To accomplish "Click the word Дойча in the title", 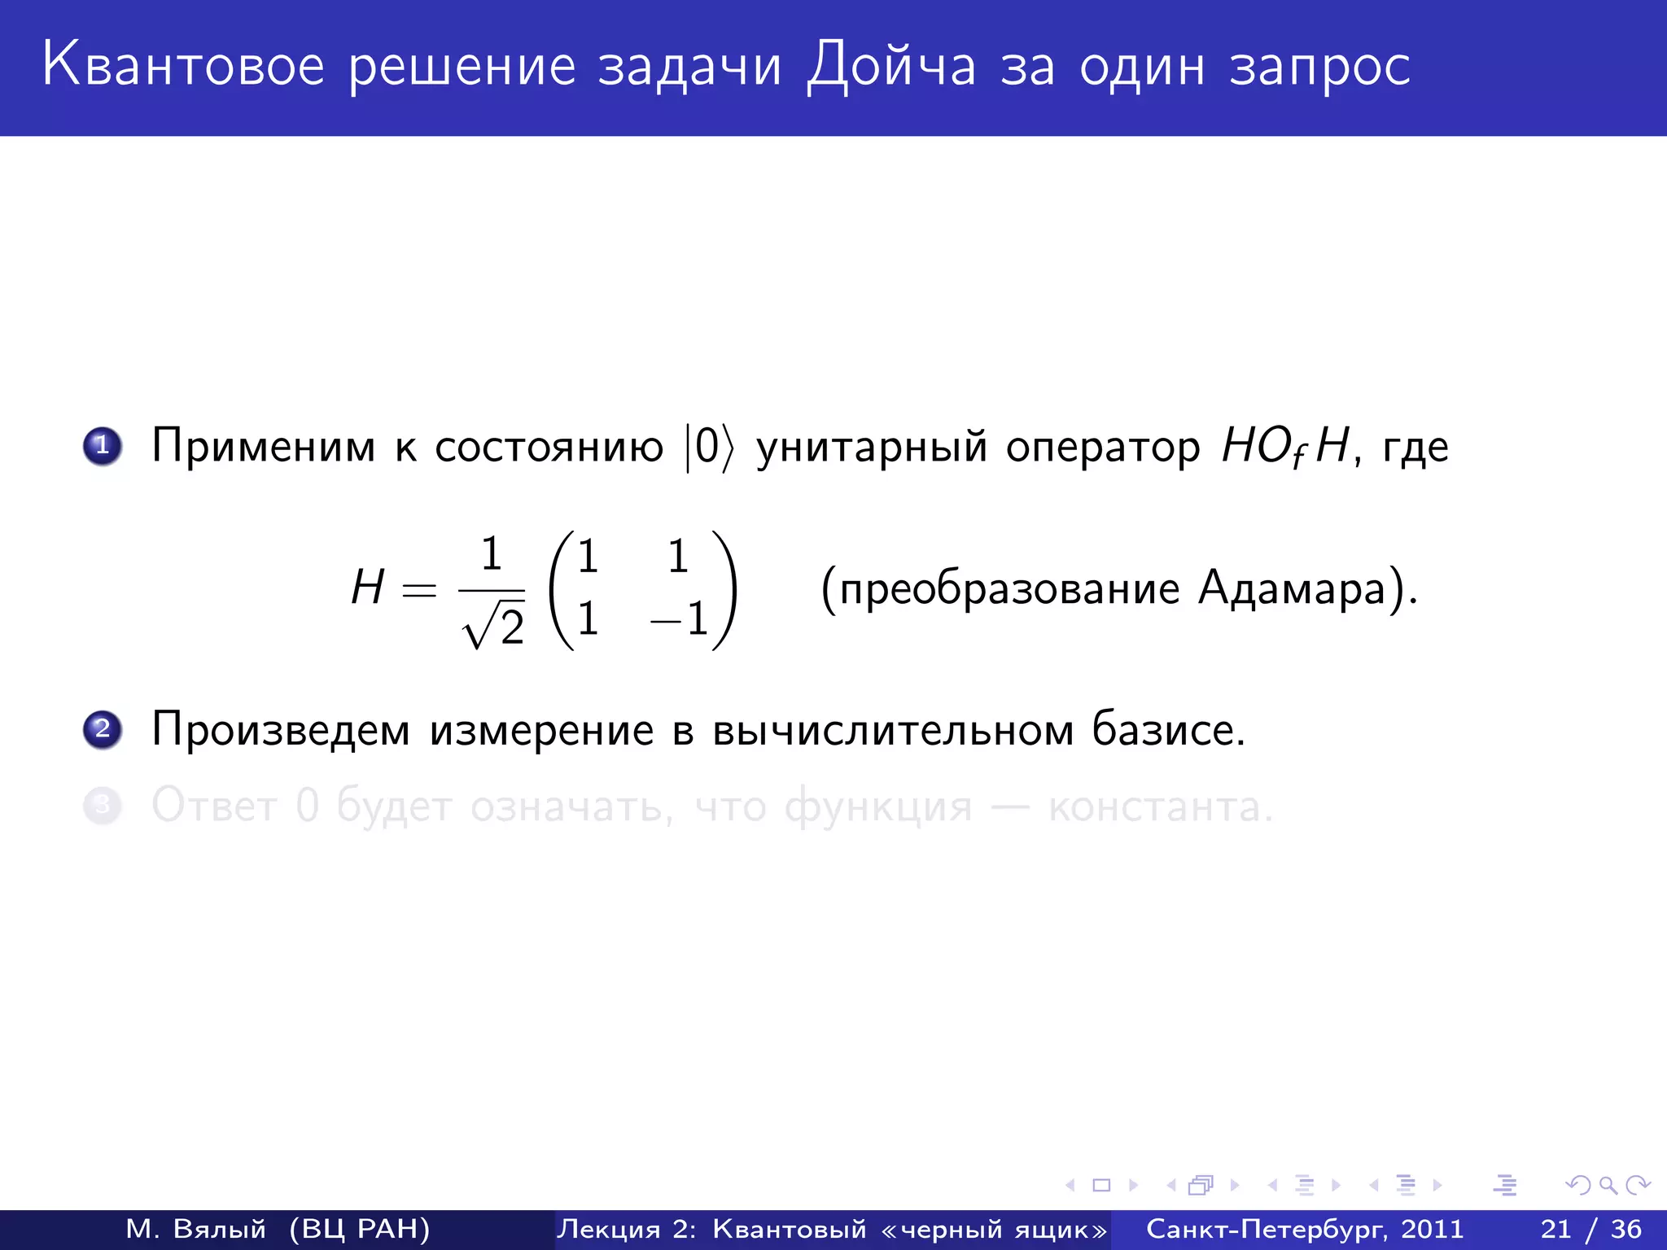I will (891, 65).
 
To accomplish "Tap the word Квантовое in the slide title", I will (184, 65).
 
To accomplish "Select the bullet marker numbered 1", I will (103, 446).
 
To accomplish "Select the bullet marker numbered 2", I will (103, 728).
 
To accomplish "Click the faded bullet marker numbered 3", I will (103, 806).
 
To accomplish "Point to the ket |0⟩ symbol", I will (709, 447).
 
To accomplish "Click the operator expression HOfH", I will (1285, 447).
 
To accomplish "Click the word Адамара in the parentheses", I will (1292, 588).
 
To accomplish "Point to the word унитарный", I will (872, 448).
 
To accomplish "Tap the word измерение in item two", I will (542, 730).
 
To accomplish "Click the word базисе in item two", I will (1167, 729).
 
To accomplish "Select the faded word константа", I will (1160, 807).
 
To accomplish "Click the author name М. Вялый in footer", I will (196, 1229).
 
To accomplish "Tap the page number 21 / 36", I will (1590, 1229).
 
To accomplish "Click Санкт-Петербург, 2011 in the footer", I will (1305, 1229).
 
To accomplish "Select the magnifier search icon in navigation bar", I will (1608, 1186).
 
